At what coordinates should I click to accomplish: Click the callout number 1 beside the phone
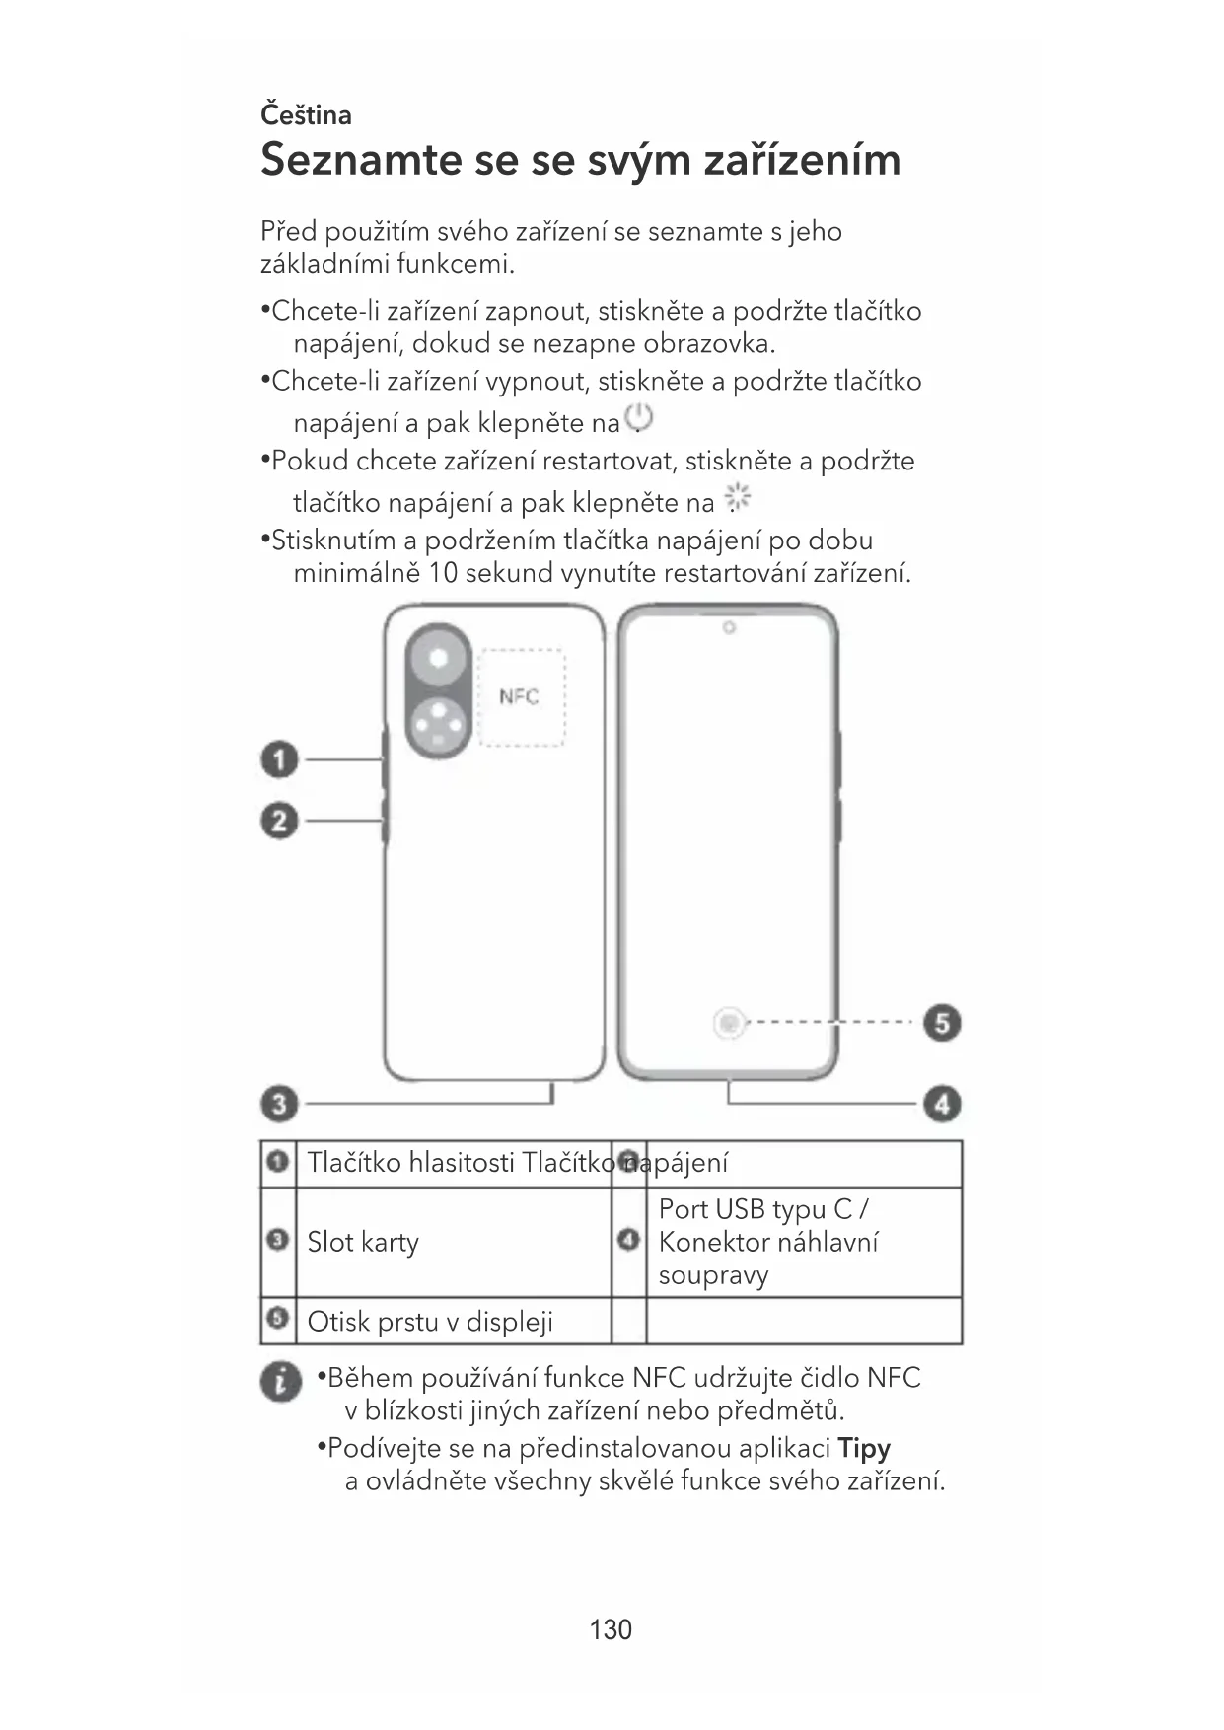pos(279,760)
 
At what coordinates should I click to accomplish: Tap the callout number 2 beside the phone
pos(279,821)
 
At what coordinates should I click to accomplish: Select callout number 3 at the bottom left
pos(279,1103)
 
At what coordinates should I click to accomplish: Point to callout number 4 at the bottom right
pos(942,1103)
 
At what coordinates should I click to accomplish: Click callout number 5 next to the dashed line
pos(942,1023)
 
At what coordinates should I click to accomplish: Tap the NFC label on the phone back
pos(519,696)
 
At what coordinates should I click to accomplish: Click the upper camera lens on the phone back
pos(438,658)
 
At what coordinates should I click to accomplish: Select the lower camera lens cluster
pos(438,728)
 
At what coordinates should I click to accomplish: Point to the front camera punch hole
pos(729,628)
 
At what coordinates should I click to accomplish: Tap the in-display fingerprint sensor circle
pos(729,1024)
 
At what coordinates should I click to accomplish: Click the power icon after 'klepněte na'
pos(639,418)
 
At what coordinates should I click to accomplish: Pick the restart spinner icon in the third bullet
pos(738,499)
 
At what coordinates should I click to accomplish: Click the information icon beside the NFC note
pos(281,1381)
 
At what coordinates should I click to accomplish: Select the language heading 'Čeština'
pos(306,115)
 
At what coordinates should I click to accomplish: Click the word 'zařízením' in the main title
pos(801,160)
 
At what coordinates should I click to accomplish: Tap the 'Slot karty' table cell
pos(363,1242)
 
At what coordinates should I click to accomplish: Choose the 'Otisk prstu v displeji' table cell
pos(430,1321)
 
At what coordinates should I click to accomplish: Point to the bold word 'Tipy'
pos(864,1448)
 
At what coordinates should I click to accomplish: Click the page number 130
pos(611,1629)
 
